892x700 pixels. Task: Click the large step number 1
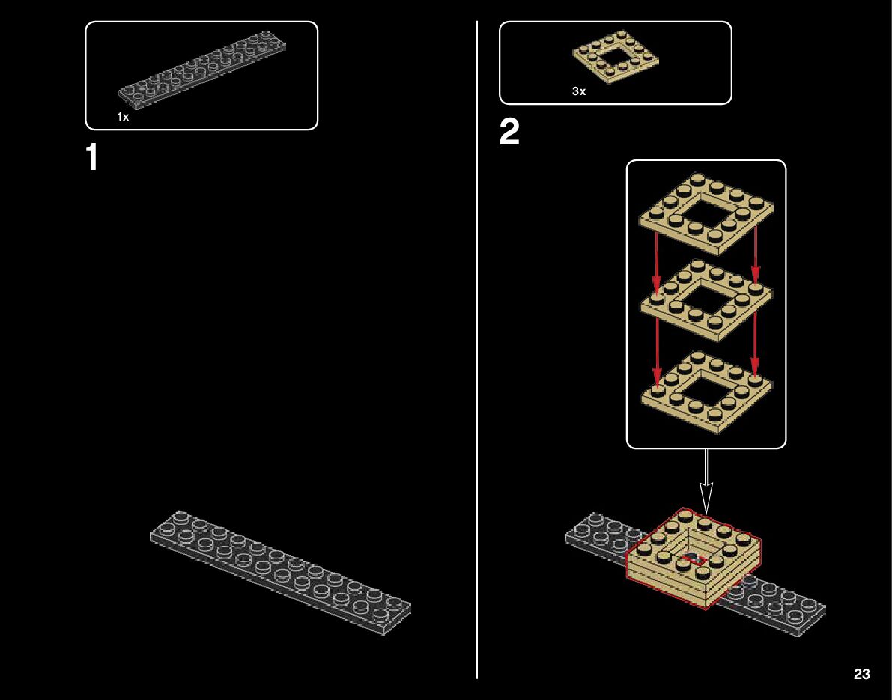point(91,158)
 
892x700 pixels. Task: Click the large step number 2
point(509,133)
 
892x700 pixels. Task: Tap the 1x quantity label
point(123,117)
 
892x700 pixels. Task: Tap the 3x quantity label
point(579,91)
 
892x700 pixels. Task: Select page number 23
point(861,674)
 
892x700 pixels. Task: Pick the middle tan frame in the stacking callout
point(706,301)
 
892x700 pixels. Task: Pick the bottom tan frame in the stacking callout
point(706,392)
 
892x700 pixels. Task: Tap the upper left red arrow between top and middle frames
point(657,262)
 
